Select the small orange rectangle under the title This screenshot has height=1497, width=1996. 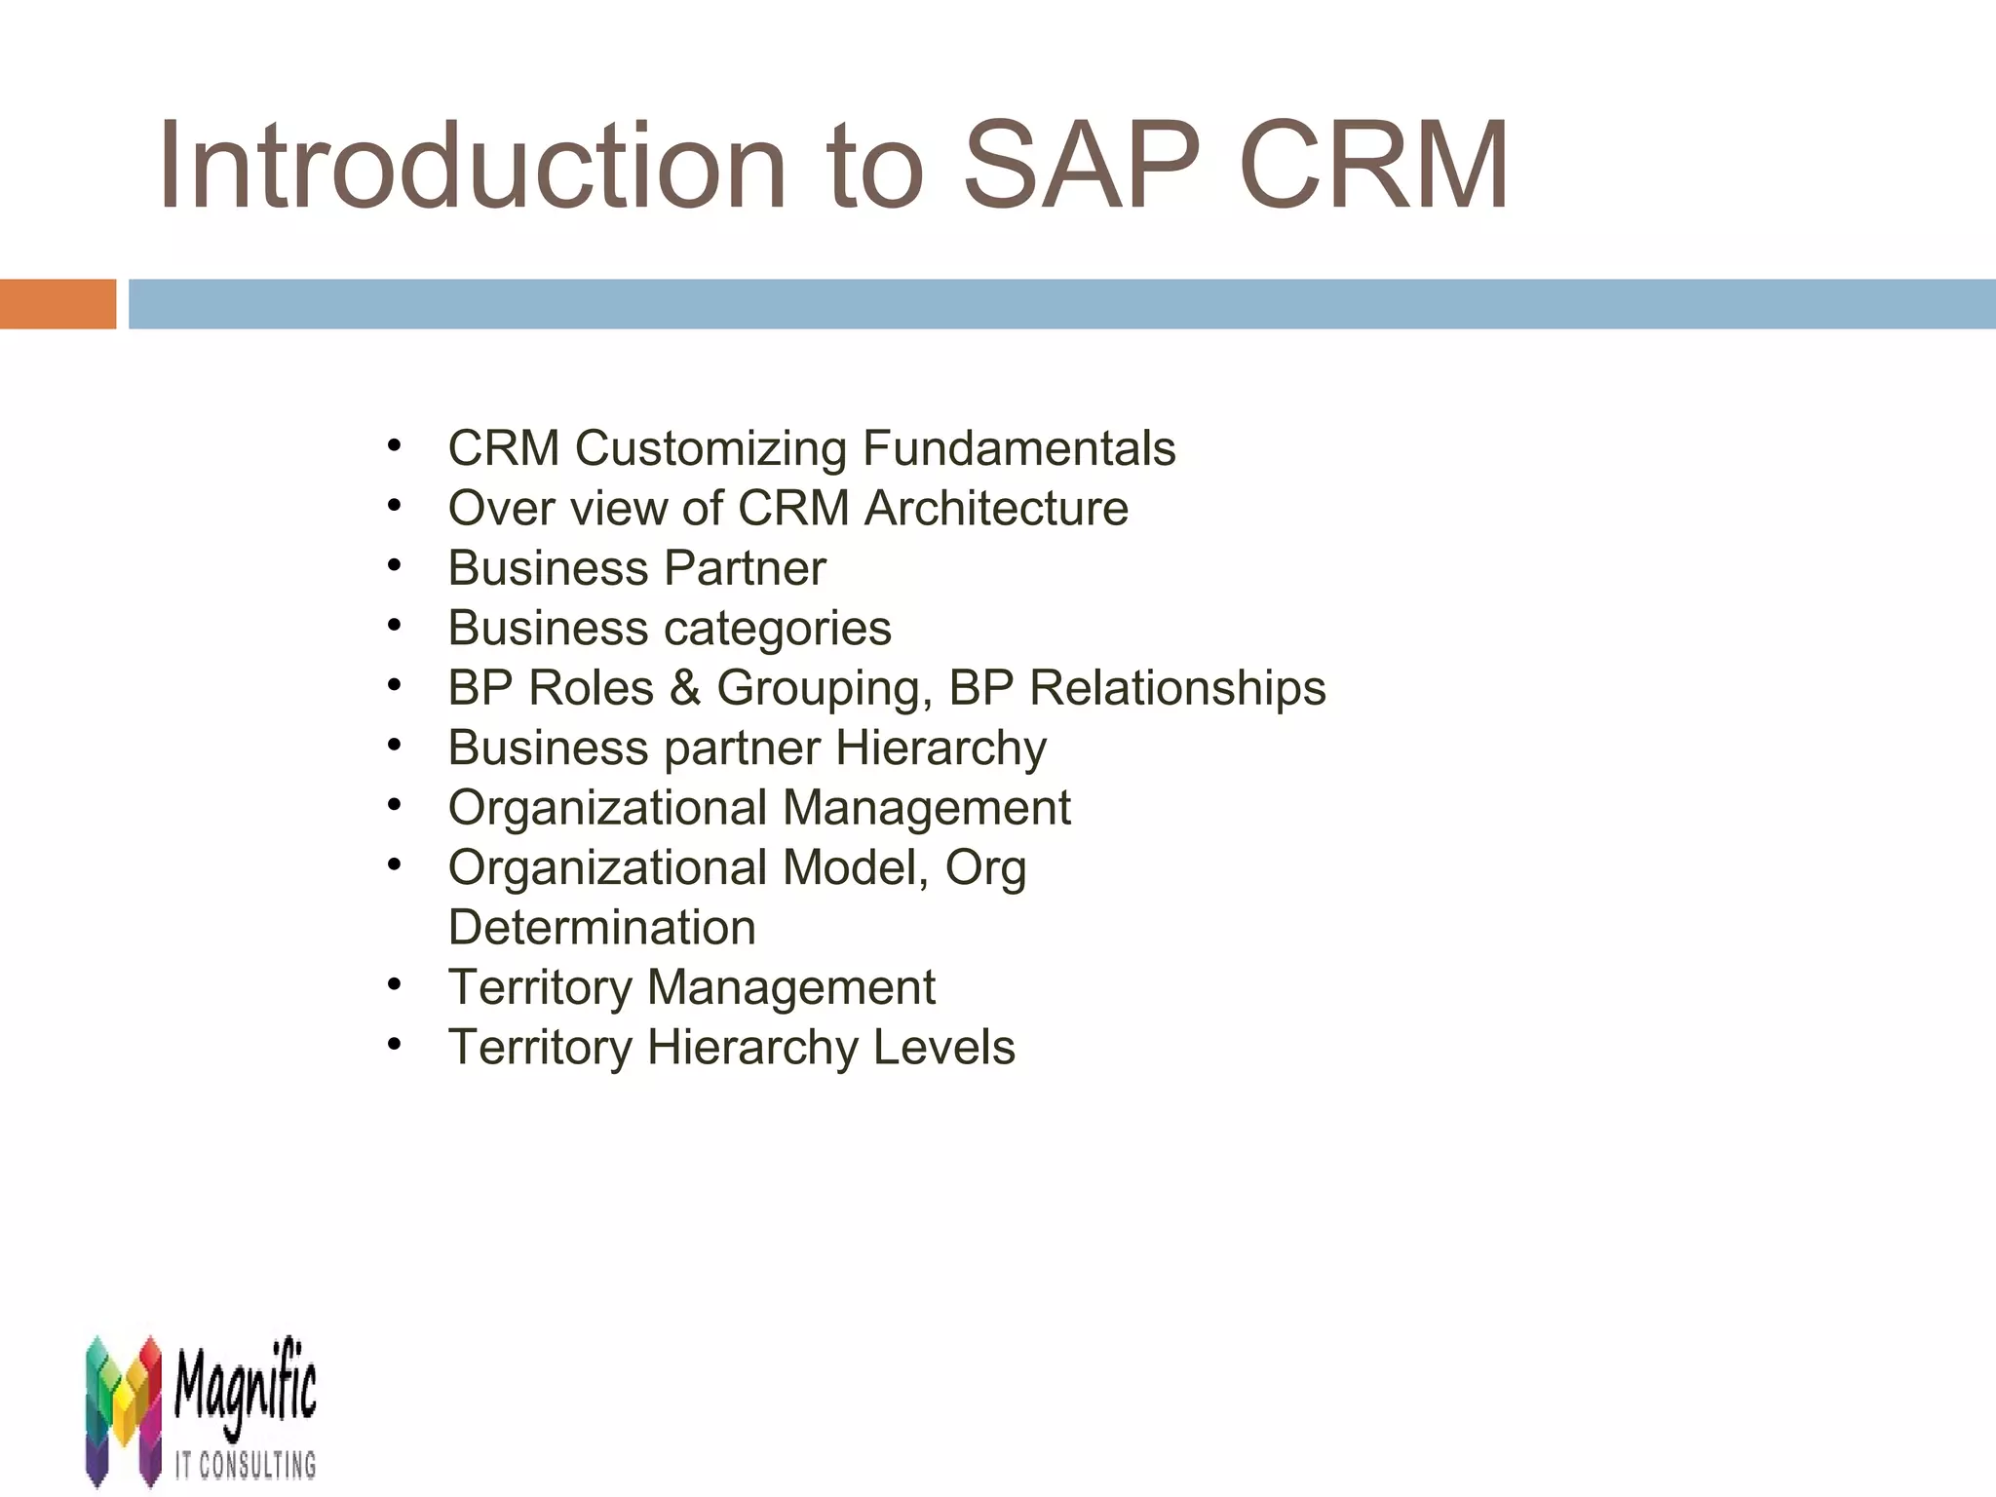[58, 304]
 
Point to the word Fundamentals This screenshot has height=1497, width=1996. [1018, 449]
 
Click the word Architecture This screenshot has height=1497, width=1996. [996, 509]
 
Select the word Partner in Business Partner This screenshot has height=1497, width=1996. [746, 568]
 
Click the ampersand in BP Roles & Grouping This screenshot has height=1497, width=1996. [685, 688]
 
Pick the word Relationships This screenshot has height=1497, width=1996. [1177, 688]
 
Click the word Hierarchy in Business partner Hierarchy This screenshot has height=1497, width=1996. [940, 748]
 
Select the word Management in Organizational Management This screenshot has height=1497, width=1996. [926, 808]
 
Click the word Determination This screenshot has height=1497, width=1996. [601, 928]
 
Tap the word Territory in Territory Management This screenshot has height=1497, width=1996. [540, 987]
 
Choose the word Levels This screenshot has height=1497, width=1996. [943, 1048]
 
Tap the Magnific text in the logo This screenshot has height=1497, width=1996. [245, 1384]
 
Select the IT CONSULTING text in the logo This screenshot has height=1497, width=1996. [245, 1465]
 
